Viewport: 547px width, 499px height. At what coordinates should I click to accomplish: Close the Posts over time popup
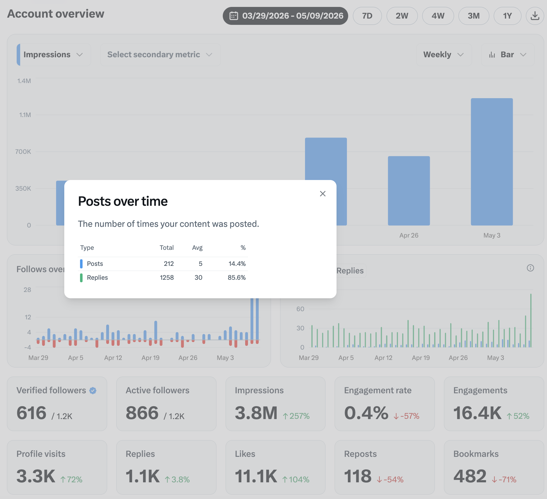click(323, 193)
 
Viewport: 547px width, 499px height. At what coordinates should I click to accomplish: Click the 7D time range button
click(367, 16)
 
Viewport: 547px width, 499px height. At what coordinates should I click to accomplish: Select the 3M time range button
click(474, 16)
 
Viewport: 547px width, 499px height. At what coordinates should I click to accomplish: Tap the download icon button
click(535, 16)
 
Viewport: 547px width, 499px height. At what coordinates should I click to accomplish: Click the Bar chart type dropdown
click(508, 54)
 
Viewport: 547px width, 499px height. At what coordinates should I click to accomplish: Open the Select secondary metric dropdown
click(160, 54)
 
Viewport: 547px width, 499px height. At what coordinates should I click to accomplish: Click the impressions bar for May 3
click(492, 162)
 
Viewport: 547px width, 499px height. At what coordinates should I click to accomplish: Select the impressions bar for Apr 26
click(409, 191)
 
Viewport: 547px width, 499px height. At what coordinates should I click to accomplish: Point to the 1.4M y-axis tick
click(24, 81)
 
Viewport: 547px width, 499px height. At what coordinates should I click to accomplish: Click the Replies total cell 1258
click(167, 278)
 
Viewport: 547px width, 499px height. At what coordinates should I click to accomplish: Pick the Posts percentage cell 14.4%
click(237, 264)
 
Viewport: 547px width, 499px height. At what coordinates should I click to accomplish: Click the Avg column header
click(197, 248)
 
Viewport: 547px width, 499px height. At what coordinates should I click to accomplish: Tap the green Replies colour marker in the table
click(81, 278)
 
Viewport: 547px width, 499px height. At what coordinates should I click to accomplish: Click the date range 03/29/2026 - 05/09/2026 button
click(285, 16)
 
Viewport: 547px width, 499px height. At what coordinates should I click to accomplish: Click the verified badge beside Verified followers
click(93, 390)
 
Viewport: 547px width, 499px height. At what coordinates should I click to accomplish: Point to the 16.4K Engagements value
click(477, 413)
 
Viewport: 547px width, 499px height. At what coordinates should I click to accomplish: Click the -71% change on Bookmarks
click(504, 479)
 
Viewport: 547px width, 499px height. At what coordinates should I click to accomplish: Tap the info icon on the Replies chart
click(530, 268)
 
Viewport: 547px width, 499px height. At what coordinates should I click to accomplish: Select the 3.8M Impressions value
click(256, 413)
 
